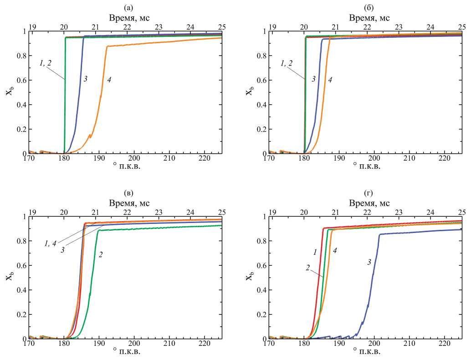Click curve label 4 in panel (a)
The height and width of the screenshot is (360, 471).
tap(109, 80)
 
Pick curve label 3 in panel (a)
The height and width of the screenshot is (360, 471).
tap(85, 79)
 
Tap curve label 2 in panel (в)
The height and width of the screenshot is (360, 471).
tap(100, 255)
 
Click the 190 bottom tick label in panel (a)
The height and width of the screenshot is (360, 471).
tap(99, 159)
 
